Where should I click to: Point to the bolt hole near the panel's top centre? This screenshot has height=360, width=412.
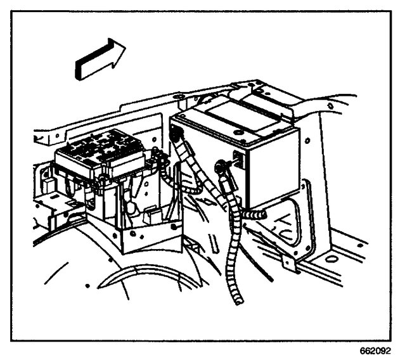coord(179,96)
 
